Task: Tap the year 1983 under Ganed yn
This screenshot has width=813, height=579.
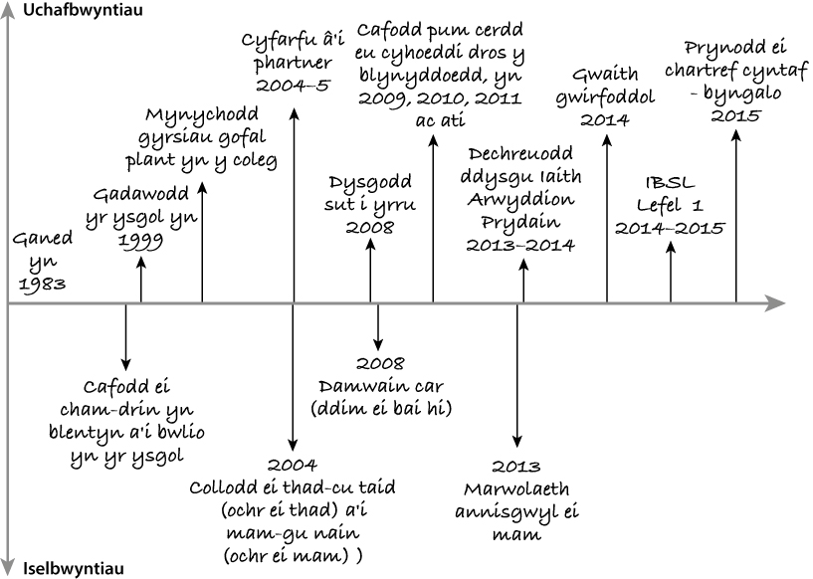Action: pyautogui.click(x=39, y=284)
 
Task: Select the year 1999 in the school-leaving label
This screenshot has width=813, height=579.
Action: pyautogui.click(x=140, y=240)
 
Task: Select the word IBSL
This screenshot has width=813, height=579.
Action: pyautogui.click(x=671, y=183)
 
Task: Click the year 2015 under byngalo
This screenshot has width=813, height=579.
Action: pyautogui.click(x=736, y=115)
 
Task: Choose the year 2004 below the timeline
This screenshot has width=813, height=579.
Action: pyautogui.click(x=293, y=464)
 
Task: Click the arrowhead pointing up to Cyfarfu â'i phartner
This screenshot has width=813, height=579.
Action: pyautogui.click(x=294, y=112)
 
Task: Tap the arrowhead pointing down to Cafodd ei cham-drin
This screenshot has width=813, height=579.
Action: pyautogui.click(x=126, y=361)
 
